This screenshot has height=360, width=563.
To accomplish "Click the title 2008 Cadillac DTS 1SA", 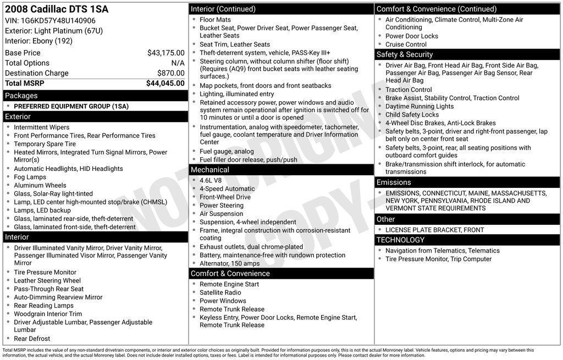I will (57, 9).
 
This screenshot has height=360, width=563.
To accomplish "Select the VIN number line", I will (50, 20).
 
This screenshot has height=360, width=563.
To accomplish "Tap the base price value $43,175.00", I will (165, 53).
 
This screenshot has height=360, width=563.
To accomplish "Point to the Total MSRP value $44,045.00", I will (165, 84).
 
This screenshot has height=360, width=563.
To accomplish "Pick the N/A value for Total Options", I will (178, 63).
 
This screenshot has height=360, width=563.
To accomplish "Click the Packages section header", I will (21, 96).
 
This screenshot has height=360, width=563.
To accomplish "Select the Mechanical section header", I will (210, 170).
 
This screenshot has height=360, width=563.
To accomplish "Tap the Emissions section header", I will (394, 182).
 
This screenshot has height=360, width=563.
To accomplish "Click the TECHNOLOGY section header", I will (400, 240).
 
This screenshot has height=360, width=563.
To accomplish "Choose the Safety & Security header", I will (405, 54).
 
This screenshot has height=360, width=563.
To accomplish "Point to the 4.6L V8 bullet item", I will (211, 180).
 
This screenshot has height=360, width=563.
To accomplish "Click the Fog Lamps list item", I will (30, 177).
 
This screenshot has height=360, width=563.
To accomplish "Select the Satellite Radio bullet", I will (220, 292).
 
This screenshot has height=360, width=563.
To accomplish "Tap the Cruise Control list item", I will (406, 45).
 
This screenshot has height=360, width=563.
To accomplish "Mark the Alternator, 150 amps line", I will (229, 263).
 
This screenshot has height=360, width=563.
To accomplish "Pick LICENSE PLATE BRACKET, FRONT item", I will (434, 230).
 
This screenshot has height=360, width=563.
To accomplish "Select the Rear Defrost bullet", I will (32, 339).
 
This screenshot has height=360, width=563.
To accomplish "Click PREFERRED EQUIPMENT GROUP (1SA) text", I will (71, 106).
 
